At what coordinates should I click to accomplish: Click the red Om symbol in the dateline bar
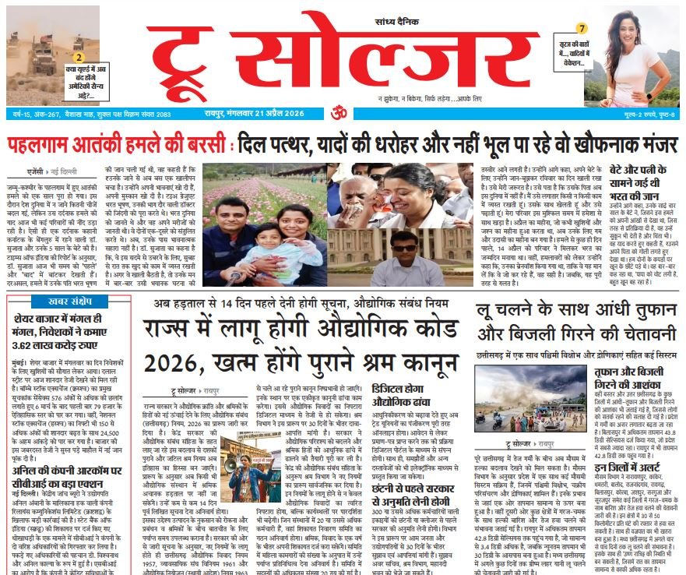[x=339, y=112]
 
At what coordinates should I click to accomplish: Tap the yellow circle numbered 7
[x=582, y=29]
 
